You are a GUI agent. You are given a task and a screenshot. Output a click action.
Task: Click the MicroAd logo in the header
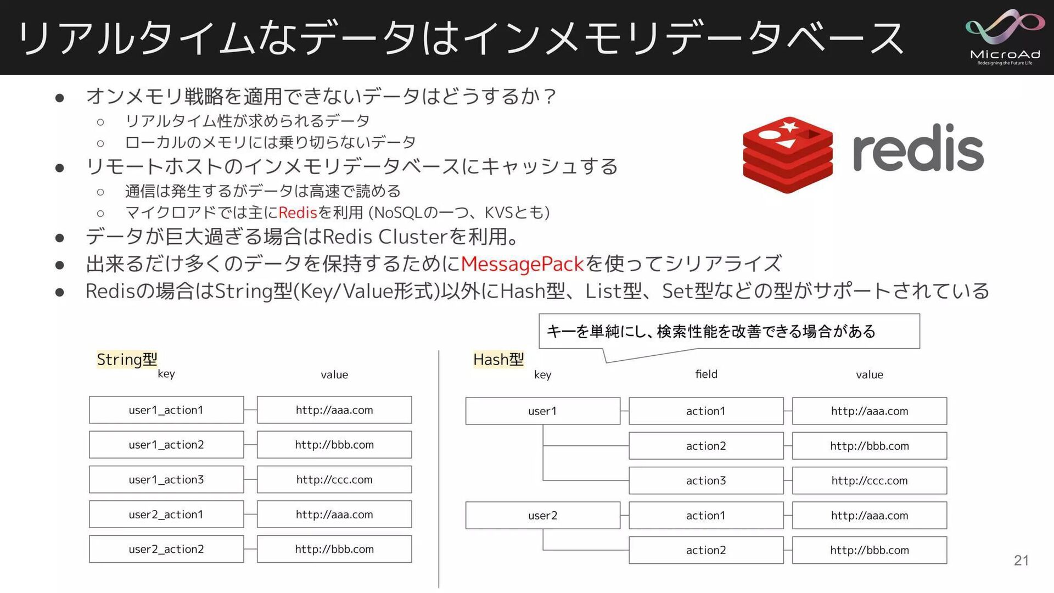(x=1005, y=37)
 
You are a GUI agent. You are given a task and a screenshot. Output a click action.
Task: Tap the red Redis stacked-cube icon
(x=787, y=155)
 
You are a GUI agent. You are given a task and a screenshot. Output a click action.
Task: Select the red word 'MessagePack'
(x=522, y=264)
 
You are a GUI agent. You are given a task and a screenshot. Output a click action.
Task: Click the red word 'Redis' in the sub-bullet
(x=298, y=212)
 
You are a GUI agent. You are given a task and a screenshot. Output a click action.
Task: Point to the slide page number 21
(x=1021, y=560)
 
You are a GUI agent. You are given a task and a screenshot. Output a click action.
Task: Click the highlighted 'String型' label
(x=127, y=359)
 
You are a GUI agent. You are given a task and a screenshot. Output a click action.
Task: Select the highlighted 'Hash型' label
(x=498, y=360)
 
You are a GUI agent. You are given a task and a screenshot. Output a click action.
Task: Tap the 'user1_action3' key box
(x=166, y=480)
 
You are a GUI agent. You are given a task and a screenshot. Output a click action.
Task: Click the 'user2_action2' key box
(x=166, y=549)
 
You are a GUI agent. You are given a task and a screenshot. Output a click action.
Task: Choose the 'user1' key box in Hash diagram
(x=542, y=411)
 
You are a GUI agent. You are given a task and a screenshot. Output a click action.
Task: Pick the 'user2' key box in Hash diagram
(x=542, y=516)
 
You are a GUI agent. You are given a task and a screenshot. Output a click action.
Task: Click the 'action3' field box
(x=706, y=481)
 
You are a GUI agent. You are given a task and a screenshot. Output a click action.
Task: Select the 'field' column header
(x=706, y=374)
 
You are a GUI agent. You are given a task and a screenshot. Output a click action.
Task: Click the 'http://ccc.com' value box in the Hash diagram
(x=869, y=481)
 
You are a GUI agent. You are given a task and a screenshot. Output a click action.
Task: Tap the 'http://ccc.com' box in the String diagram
(x=334, y=480)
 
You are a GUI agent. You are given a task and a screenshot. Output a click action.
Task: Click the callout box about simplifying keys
(x=729, y=331)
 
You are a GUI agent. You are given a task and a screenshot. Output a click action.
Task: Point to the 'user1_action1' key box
(x=166, y=410)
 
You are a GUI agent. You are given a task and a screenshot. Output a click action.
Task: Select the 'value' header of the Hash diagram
(x=869, y=375)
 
